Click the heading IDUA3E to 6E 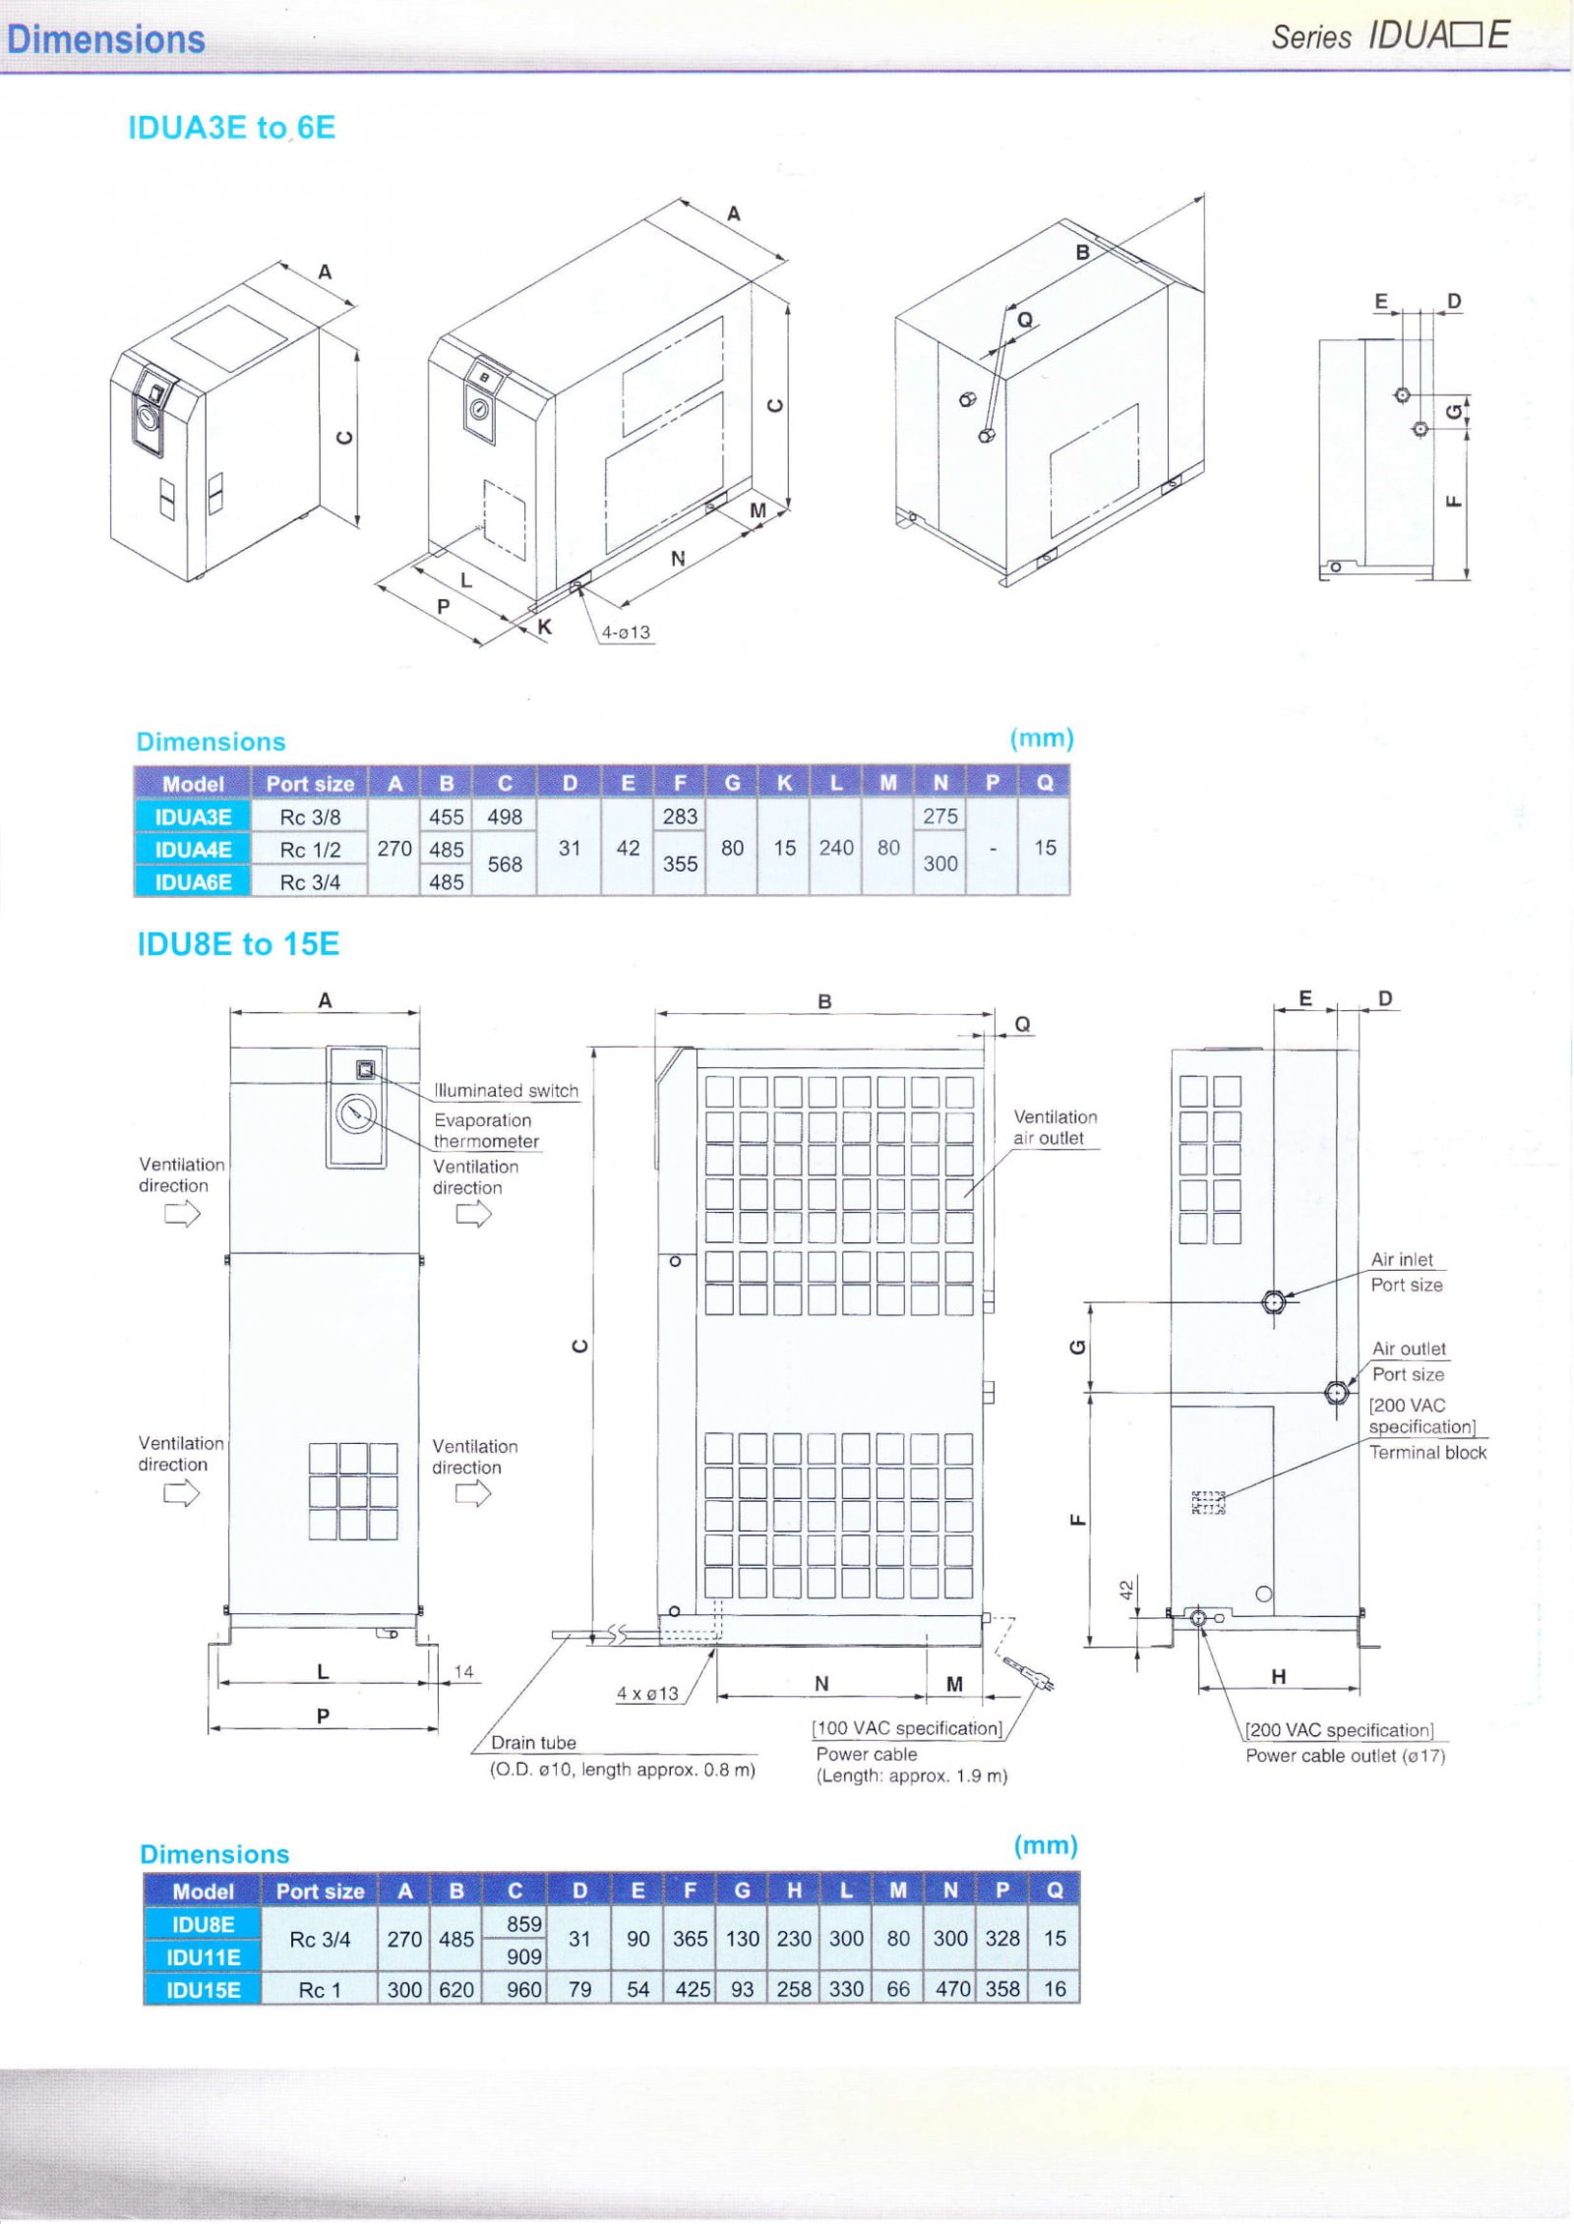tap(231, 128)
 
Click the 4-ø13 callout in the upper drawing tap(626, 632)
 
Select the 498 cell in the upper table tap(505, 816)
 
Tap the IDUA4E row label tap(193, 849)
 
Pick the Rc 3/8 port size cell tap(310, 816)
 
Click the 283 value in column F tap(680, 816)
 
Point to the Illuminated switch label tap(506, 1090)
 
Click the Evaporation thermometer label tap(486, 1130)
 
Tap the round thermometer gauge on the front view tap(355, 1114)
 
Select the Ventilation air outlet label tap(1055, 1127)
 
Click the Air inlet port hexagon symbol tap(1273, 1302)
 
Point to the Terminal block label tap(1427, 1452)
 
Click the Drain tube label tap(533, 1742)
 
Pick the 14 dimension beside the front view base tap(463, 1671)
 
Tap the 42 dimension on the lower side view tap(1127, 1588)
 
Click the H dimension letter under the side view tap(1278, 1676)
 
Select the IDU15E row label tap(203, 1989)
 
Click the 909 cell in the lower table tap(523, 1956)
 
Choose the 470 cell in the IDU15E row tap(951, 1989)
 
